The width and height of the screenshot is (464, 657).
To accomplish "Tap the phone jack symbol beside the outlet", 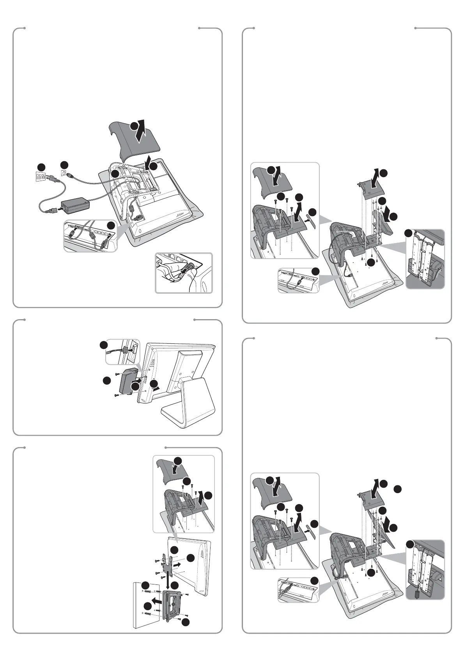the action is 64,171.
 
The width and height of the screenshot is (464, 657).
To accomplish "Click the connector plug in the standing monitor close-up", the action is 125,349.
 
